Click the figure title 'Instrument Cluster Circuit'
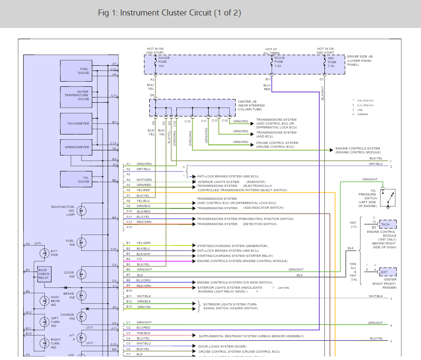pos(170,13)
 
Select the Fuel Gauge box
pos(76,71)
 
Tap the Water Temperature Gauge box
pos(76,95)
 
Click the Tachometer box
pos(76,124)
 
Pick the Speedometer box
pos(76,147)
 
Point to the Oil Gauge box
pos(76,180)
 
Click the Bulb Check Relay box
pos(44,274)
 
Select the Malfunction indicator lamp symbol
pos(82,211)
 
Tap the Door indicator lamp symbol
pos(82,275)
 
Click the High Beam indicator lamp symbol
pos(44,301)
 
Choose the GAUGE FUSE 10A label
pos(164,62)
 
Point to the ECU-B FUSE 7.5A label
pos(279,62)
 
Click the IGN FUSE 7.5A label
pos(332,62)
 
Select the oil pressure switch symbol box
pos(388,198)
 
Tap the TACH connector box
pos(388,224)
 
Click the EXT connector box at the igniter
pos(388,272)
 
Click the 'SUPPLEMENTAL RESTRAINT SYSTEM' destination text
pos(251,336)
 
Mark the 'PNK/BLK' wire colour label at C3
pos(144,333)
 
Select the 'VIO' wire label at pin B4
pos(140,259)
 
